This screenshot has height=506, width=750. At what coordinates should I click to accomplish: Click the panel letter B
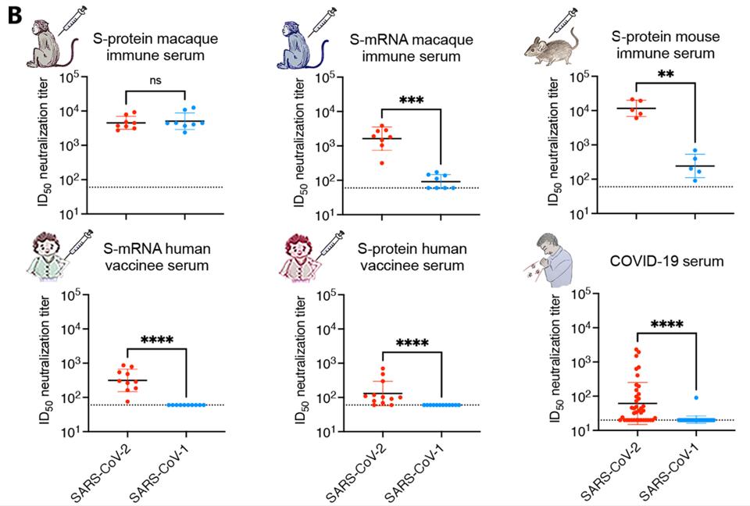click(x=14, y=15)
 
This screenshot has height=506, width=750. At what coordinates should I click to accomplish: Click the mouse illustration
click(x=550, y=48)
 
